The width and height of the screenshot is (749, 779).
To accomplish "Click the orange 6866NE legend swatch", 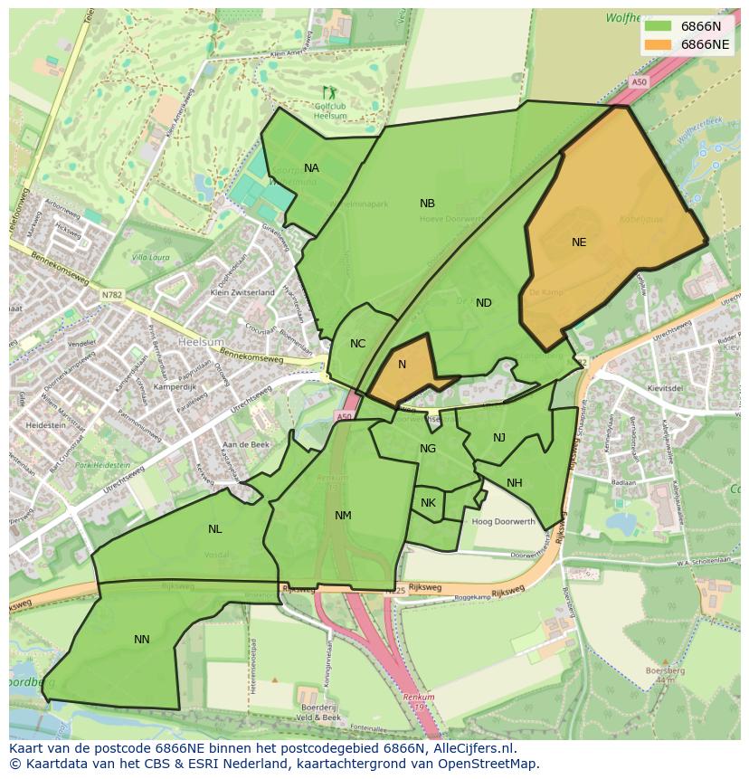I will tap(659, 44).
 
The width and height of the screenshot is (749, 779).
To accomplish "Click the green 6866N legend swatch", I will tap(659, 26).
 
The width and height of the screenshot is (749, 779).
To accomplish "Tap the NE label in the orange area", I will tap(579, 242).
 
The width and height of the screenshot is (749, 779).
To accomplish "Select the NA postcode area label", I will tap(311, 168).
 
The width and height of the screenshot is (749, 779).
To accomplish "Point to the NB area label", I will tap(427, 204).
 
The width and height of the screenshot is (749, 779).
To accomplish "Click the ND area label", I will tap(484, 303).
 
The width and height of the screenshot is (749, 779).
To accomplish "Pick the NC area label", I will tap(357, 344).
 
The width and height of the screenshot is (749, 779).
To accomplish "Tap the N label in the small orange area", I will tap(402, 365).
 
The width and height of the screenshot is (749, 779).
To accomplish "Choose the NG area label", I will tap(428, 449).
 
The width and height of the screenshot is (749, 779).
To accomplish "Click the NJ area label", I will tap(499, 438).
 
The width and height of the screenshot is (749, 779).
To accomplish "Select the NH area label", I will tap(514, 483).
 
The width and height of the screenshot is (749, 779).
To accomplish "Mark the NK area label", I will tap(428, 503).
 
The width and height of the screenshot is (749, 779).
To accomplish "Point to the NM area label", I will tap(343, 516).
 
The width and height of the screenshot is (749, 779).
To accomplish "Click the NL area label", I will tap(214, 529).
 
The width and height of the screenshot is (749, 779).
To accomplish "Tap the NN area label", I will tap(141, 640).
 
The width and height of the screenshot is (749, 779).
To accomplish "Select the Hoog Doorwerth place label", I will tap(504, 522).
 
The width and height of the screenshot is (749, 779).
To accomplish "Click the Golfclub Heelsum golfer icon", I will tap(328, 91).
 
